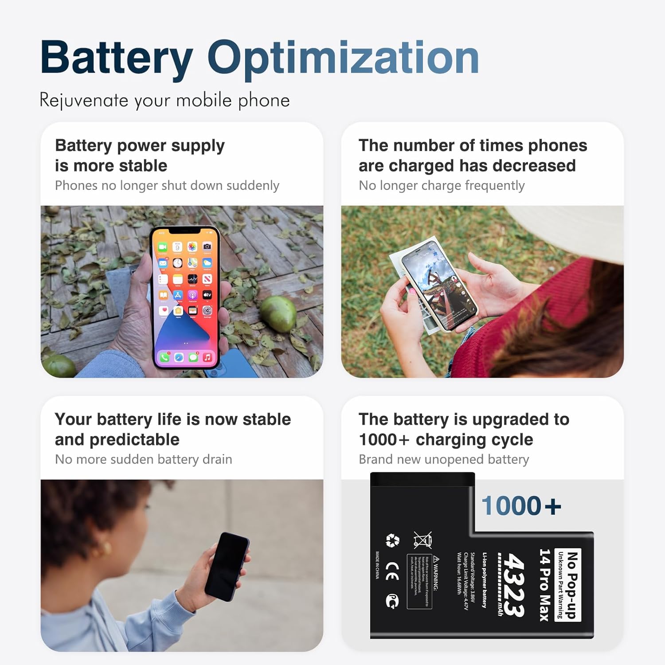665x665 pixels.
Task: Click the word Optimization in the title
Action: point(343,58)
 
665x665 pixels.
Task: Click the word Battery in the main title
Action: point(116,58)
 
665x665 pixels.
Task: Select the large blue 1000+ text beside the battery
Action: point(521,506)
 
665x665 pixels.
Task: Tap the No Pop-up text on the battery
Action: point(572,584)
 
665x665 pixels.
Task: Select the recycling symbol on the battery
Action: point(392,540)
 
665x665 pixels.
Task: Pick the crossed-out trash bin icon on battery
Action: point(422,540)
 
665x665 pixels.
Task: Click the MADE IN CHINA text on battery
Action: point(377,565)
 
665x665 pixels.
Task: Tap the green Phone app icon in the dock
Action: point(164,357)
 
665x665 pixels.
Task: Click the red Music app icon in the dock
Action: point(207,357)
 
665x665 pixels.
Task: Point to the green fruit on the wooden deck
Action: point(278,313)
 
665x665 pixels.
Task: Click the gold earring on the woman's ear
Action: point(106,549)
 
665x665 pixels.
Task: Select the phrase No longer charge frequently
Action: point(442,185)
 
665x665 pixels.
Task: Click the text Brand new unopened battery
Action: point(444,459)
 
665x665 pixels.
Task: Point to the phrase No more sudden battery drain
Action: point(143,459)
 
